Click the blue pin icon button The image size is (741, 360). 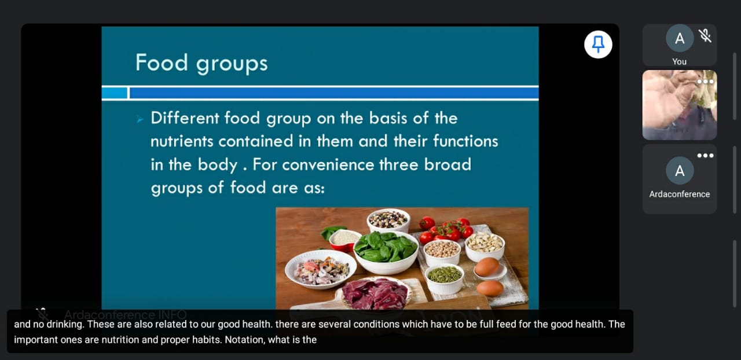point(598,45)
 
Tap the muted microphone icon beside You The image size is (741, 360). point(705,36)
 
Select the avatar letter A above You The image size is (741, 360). point(680,38)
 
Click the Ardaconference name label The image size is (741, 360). point(680,194)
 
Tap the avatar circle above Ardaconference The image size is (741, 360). point(680,171)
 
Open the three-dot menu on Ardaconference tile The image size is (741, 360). point(705,156)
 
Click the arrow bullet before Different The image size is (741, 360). point(140,119)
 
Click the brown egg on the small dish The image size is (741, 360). point(487,267)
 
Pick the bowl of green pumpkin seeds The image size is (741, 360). point(444,279)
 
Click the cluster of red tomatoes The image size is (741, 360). point(445,229)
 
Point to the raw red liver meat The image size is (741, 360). point(376,293)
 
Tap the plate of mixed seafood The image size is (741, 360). point(321,269)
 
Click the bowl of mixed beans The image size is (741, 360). point(388,220)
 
